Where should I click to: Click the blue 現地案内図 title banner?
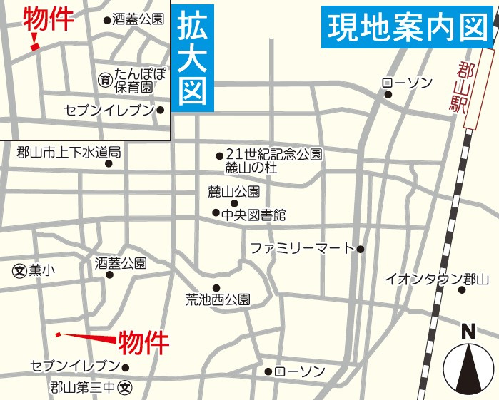(408, 27)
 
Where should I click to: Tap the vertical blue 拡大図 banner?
(193, 60)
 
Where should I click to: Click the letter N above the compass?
(468, 332)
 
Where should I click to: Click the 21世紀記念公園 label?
(274, 154)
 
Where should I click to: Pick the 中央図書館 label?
(253, 214)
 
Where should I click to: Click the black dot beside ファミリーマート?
(361, 249)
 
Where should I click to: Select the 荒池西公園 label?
(218, 300)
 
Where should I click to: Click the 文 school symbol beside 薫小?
(19, 270)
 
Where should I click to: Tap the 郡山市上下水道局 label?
(69, 151)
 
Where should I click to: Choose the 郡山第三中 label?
(83, 389)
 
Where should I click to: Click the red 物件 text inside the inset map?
(49, 20)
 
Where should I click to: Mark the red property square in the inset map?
(34, 47)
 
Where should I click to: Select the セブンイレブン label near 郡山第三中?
(74, 366)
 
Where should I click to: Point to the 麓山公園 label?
(233, 191)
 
